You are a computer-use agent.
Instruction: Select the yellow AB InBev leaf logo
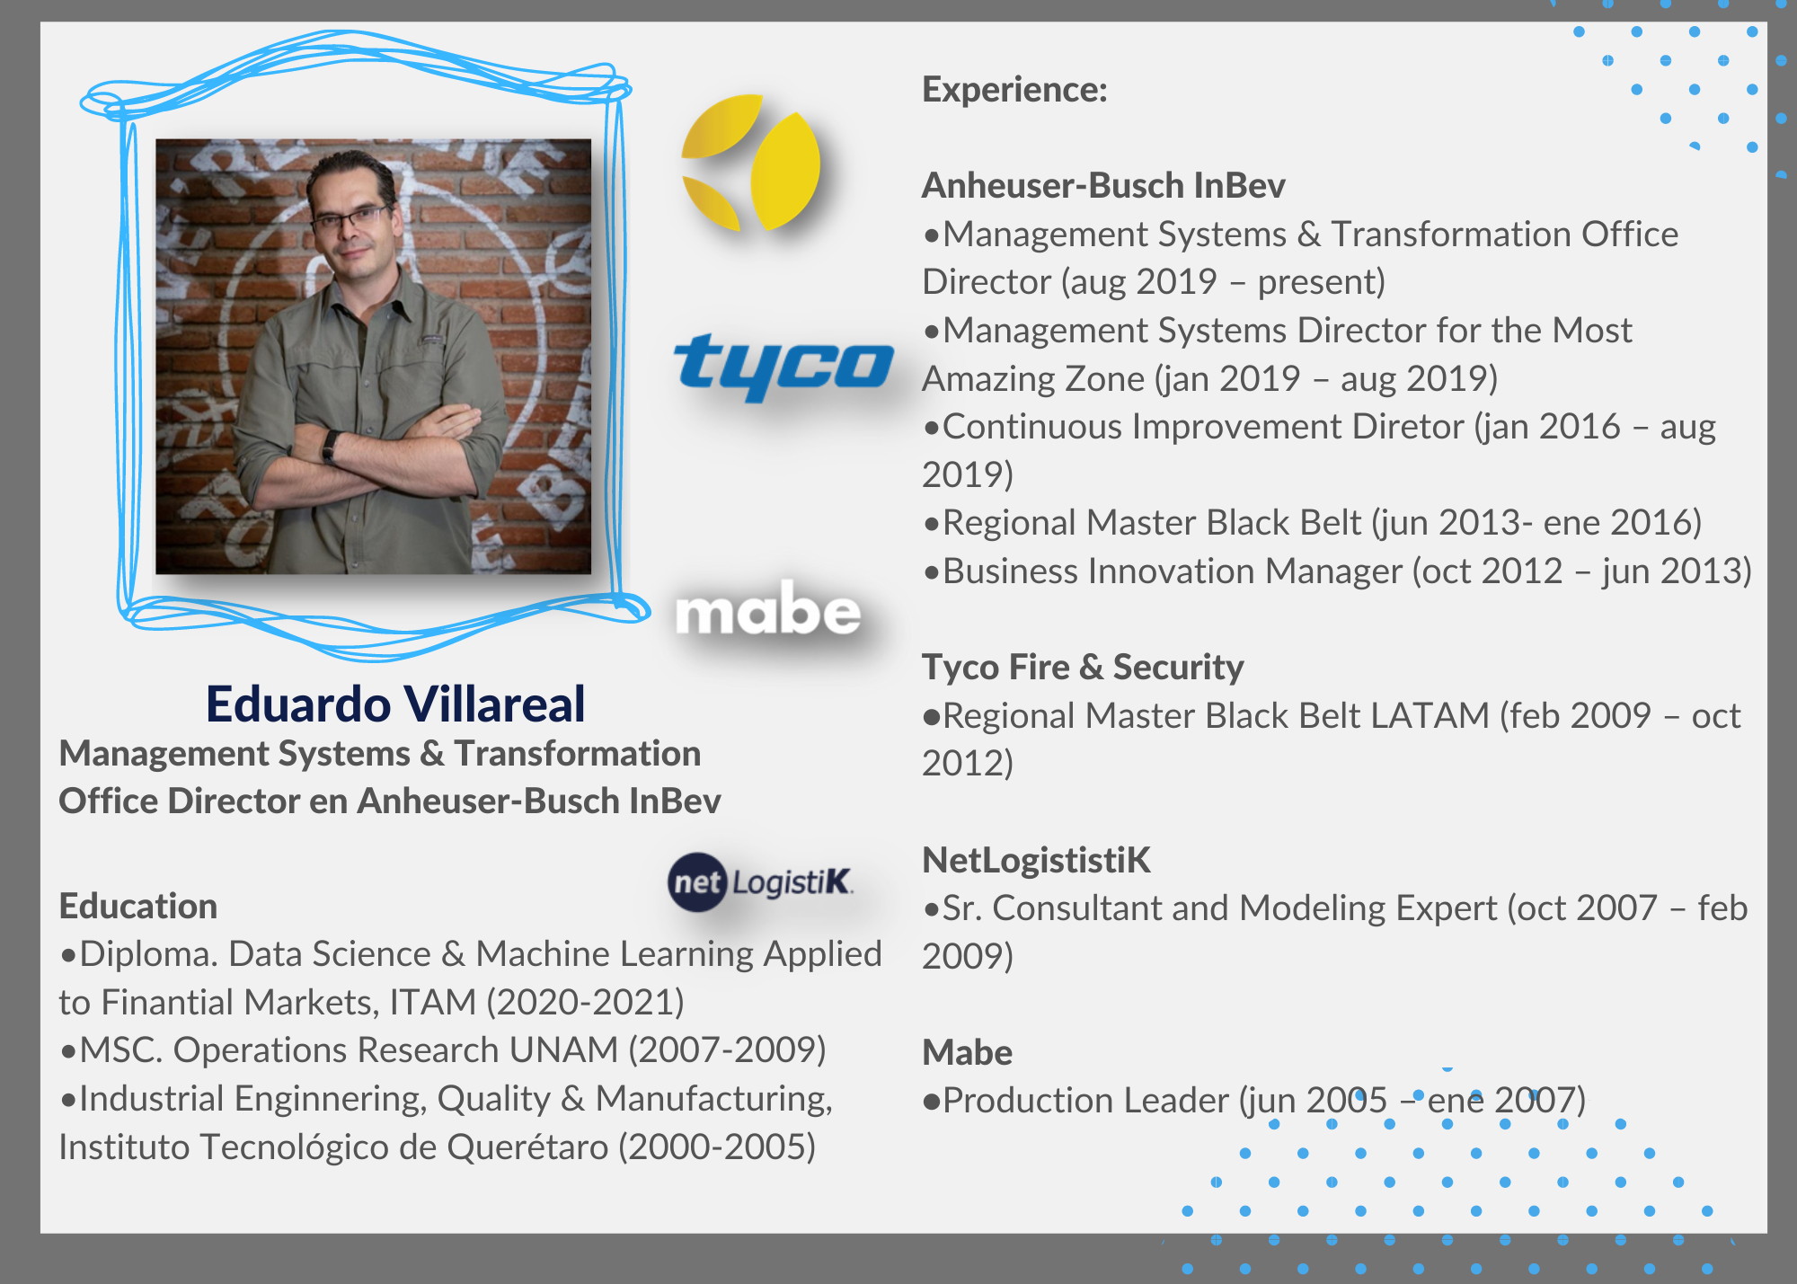tap(751, 163)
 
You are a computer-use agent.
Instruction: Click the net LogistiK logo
tap(760, 881)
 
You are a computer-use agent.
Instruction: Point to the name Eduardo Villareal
tap(395, 704)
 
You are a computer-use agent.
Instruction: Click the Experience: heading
tap(1014, 90)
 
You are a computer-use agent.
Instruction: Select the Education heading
tap(138, 906)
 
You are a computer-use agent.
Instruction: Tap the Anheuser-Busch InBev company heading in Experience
tap(1103, 185)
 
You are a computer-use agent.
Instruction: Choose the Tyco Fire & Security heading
tap(1083, 667)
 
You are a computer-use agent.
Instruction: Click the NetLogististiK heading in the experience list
tap(1036, 860)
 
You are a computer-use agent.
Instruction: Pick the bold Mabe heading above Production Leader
tap(967, 1052)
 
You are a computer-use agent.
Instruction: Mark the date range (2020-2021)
tap(586, 1002)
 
